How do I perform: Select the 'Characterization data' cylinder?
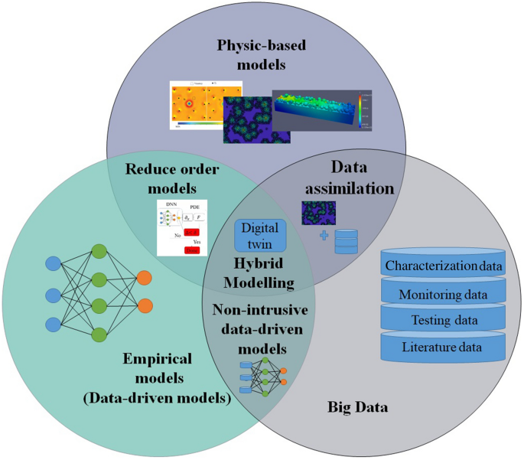pos(444,266)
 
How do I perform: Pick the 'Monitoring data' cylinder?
pos(444,293)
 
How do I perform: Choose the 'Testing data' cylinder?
pos(444,321)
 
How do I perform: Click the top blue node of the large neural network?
pos(53,264)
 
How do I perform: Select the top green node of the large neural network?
pos(98,250)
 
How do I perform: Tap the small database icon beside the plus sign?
pos(347,240)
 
